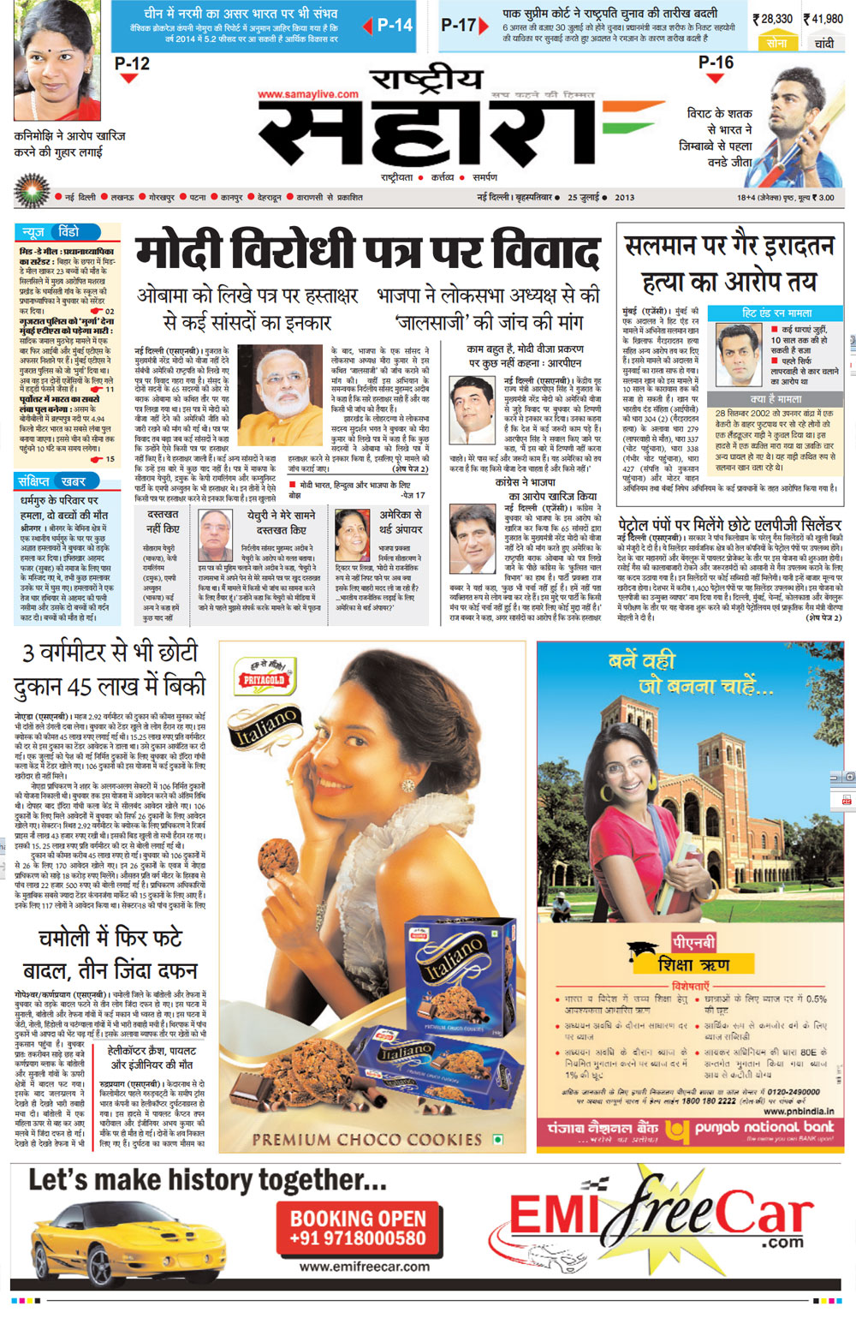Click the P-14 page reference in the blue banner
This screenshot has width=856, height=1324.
(x=395, y=25)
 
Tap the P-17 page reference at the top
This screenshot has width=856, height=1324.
(x=459, y=25)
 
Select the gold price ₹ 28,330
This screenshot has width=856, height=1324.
(x=773, y=18)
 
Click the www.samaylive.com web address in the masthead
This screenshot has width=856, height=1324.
(x=308, y=94)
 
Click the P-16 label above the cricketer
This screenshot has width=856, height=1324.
(x=716, y=63)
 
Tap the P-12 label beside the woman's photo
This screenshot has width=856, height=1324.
(x=132, y=63)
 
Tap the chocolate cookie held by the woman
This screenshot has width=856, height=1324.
(x=278, y=859)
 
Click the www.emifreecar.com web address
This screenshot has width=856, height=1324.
(x=365, y=1266)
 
